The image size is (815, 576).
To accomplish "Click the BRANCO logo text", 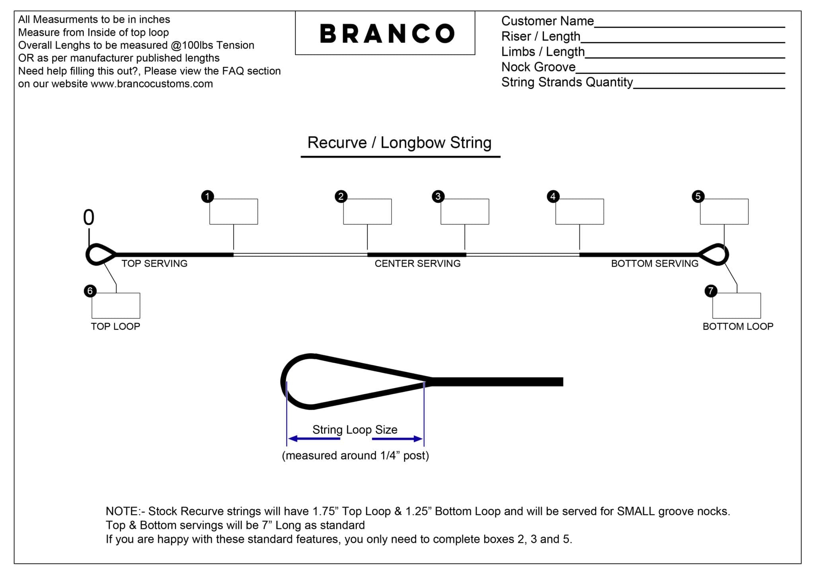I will click(387, 33).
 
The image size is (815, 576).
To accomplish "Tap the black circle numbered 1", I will click(207, 196).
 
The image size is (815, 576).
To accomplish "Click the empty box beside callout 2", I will click(367, 212).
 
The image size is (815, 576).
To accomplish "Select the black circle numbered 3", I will click(438, 196).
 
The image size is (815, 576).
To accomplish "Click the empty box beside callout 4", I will click(579, 212).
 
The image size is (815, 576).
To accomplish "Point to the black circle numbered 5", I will click(698, 196).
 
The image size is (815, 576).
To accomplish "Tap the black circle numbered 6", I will click(90, 291).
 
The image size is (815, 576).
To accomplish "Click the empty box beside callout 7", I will click(736, 306).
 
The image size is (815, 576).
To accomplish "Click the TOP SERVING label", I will click(154, 263).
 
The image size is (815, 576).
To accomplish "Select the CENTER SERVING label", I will click(417, 263).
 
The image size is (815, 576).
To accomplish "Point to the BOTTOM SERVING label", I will click(655, 263).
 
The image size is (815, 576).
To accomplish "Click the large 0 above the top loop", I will click(89, 218).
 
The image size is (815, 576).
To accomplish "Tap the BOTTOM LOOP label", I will click(738, 326).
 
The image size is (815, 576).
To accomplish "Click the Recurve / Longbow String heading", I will click(400, 142).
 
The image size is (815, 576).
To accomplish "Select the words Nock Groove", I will click(538, 67).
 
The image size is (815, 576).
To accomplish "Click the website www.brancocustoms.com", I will click(152, 84).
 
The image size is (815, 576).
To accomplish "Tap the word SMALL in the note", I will click(636, 511).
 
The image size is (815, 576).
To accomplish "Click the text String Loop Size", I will click(355, 430).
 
